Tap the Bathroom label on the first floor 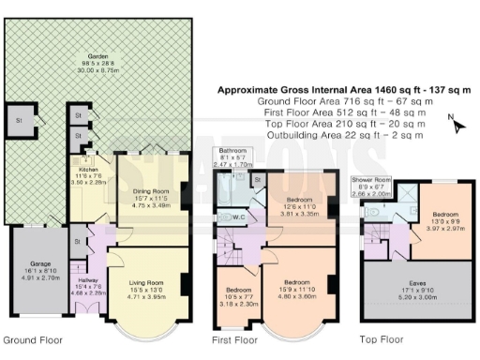tap(232, 151)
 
